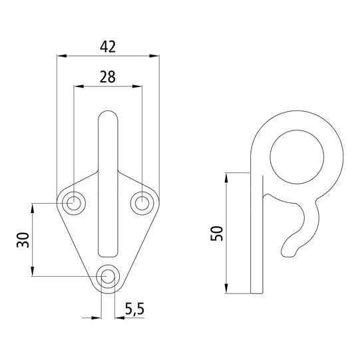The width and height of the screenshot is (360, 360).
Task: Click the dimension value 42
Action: click(108, 47)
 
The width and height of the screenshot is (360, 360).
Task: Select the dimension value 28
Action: click(108, 77)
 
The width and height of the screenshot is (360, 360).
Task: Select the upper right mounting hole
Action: click(143, 202)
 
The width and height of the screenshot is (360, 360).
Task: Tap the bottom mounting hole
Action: click(108, 276)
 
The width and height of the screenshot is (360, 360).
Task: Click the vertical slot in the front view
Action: click(108, 186)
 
